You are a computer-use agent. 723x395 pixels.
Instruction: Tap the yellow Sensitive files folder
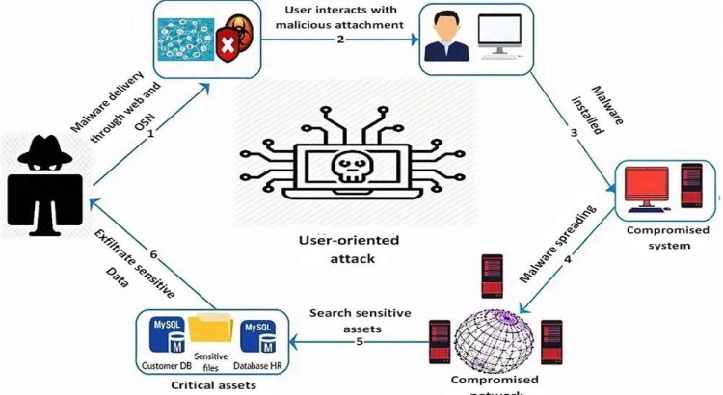point(211,332)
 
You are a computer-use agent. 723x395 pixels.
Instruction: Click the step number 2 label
point(339,39)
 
